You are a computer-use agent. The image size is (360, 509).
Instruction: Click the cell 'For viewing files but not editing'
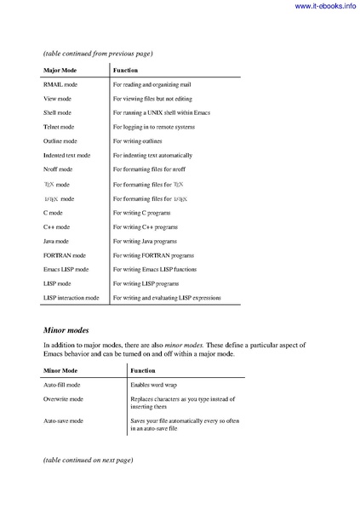(x=156, y=100)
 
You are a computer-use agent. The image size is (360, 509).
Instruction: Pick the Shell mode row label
(x=57, y=112)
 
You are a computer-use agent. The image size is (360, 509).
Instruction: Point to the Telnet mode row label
(x=58, y=126)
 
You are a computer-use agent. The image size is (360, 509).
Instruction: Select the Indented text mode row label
(x=67, y=156)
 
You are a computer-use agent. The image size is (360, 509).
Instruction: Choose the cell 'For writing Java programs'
(x=145, y=242)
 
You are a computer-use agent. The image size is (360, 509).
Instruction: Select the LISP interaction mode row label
(x=71, y=298)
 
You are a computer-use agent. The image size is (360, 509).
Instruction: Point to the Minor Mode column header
(x=61, y=371)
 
